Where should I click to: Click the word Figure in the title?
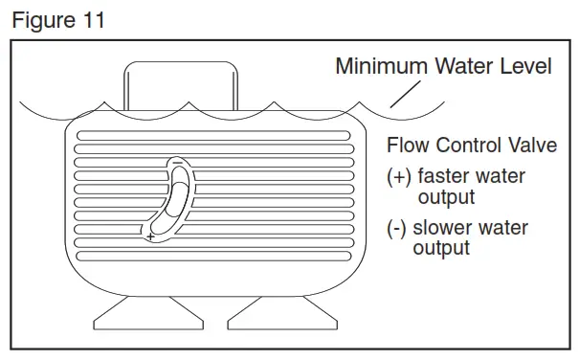tap(42, 21)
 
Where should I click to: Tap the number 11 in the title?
tap(92, 21)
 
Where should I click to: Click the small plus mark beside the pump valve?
tap(150, 236)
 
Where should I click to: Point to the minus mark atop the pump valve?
tap(177, 163)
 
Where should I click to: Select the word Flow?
tap(408, 146)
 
